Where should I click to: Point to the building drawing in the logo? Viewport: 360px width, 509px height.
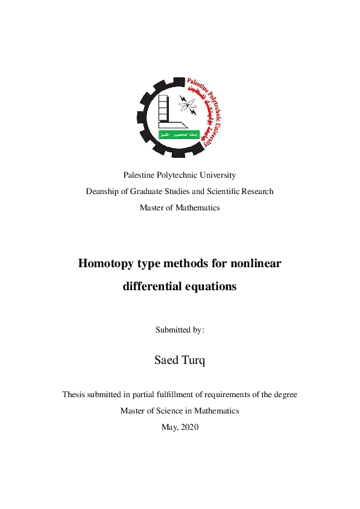(x=165, y=112)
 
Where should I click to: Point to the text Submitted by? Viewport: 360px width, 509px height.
(x=180, y=330)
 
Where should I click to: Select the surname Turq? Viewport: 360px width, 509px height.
(x=193, y=361)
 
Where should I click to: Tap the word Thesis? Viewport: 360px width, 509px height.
(x=74, y=394)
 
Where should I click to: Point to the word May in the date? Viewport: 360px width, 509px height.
(x=169, y=427)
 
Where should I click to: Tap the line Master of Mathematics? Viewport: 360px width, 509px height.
(x=180, y=207)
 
